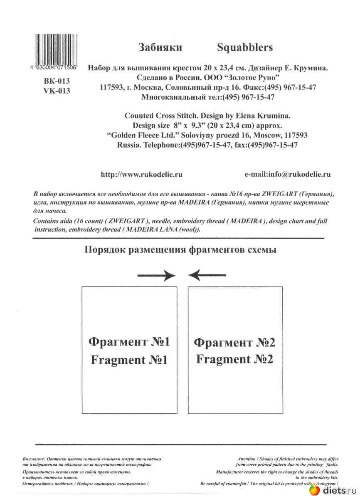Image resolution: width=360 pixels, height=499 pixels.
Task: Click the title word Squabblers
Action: click(245, 48)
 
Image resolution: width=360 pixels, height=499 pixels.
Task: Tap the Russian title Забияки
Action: click(160, 48)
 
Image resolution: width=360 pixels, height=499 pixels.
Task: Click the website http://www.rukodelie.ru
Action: click(142, 175)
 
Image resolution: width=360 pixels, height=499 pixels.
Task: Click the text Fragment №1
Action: click(129, 360)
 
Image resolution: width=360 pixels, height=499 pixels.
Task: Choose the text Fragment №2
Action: click(234, 359)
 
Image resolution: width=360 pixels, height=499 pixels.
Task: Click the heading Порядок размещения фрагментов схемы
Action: click(180, 250)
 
